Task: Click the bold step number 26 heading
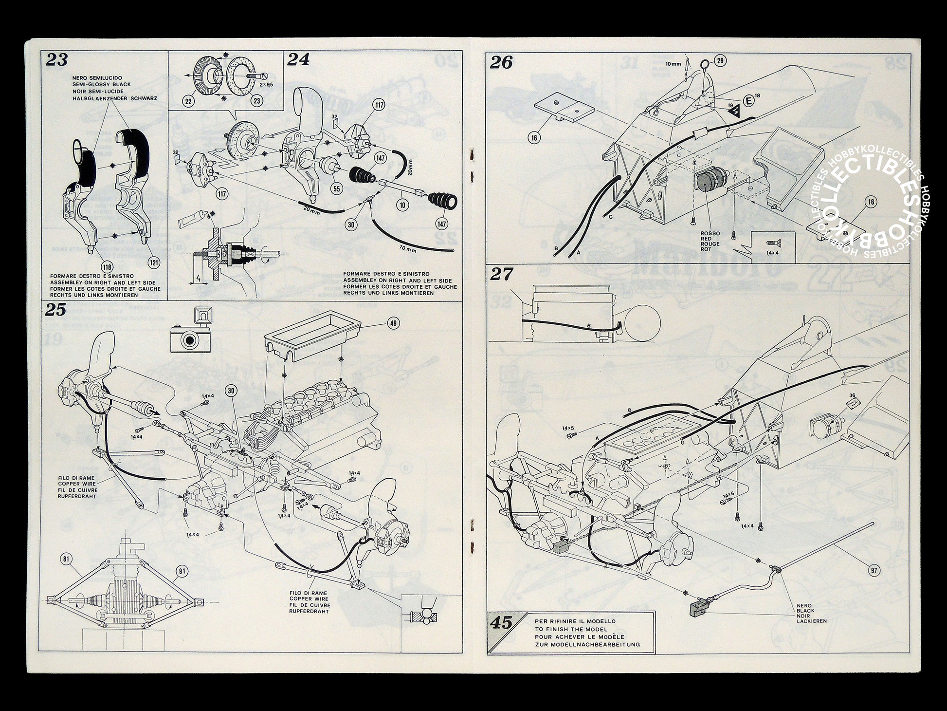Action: pyautogui.click(x=501, y=63)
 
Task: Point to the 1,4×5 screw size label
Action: pyautogui.click(x=568, y=429)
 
